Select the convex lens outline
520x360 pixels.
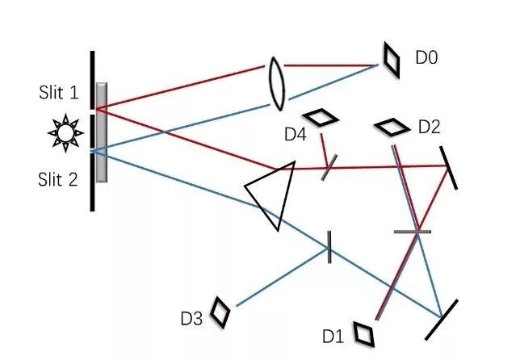pos(277,82)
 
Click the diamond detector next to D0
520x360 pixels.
pos(391,60)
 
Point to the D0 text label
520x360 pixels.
pos(427,57)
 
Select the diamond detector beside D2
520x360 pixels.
pos(393,127)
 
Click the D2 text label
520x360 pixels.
pos(430,127)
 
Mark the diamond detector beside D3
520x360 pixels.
pos(220,312)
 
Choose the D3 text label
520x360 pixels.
pos(191,319)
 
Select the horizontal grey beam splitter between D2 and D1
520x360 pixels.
pos(413,232)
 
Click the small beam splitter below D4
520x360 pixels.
pos(328,168)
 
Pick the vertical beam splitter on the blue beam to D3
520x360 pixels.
pos(329,246)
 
